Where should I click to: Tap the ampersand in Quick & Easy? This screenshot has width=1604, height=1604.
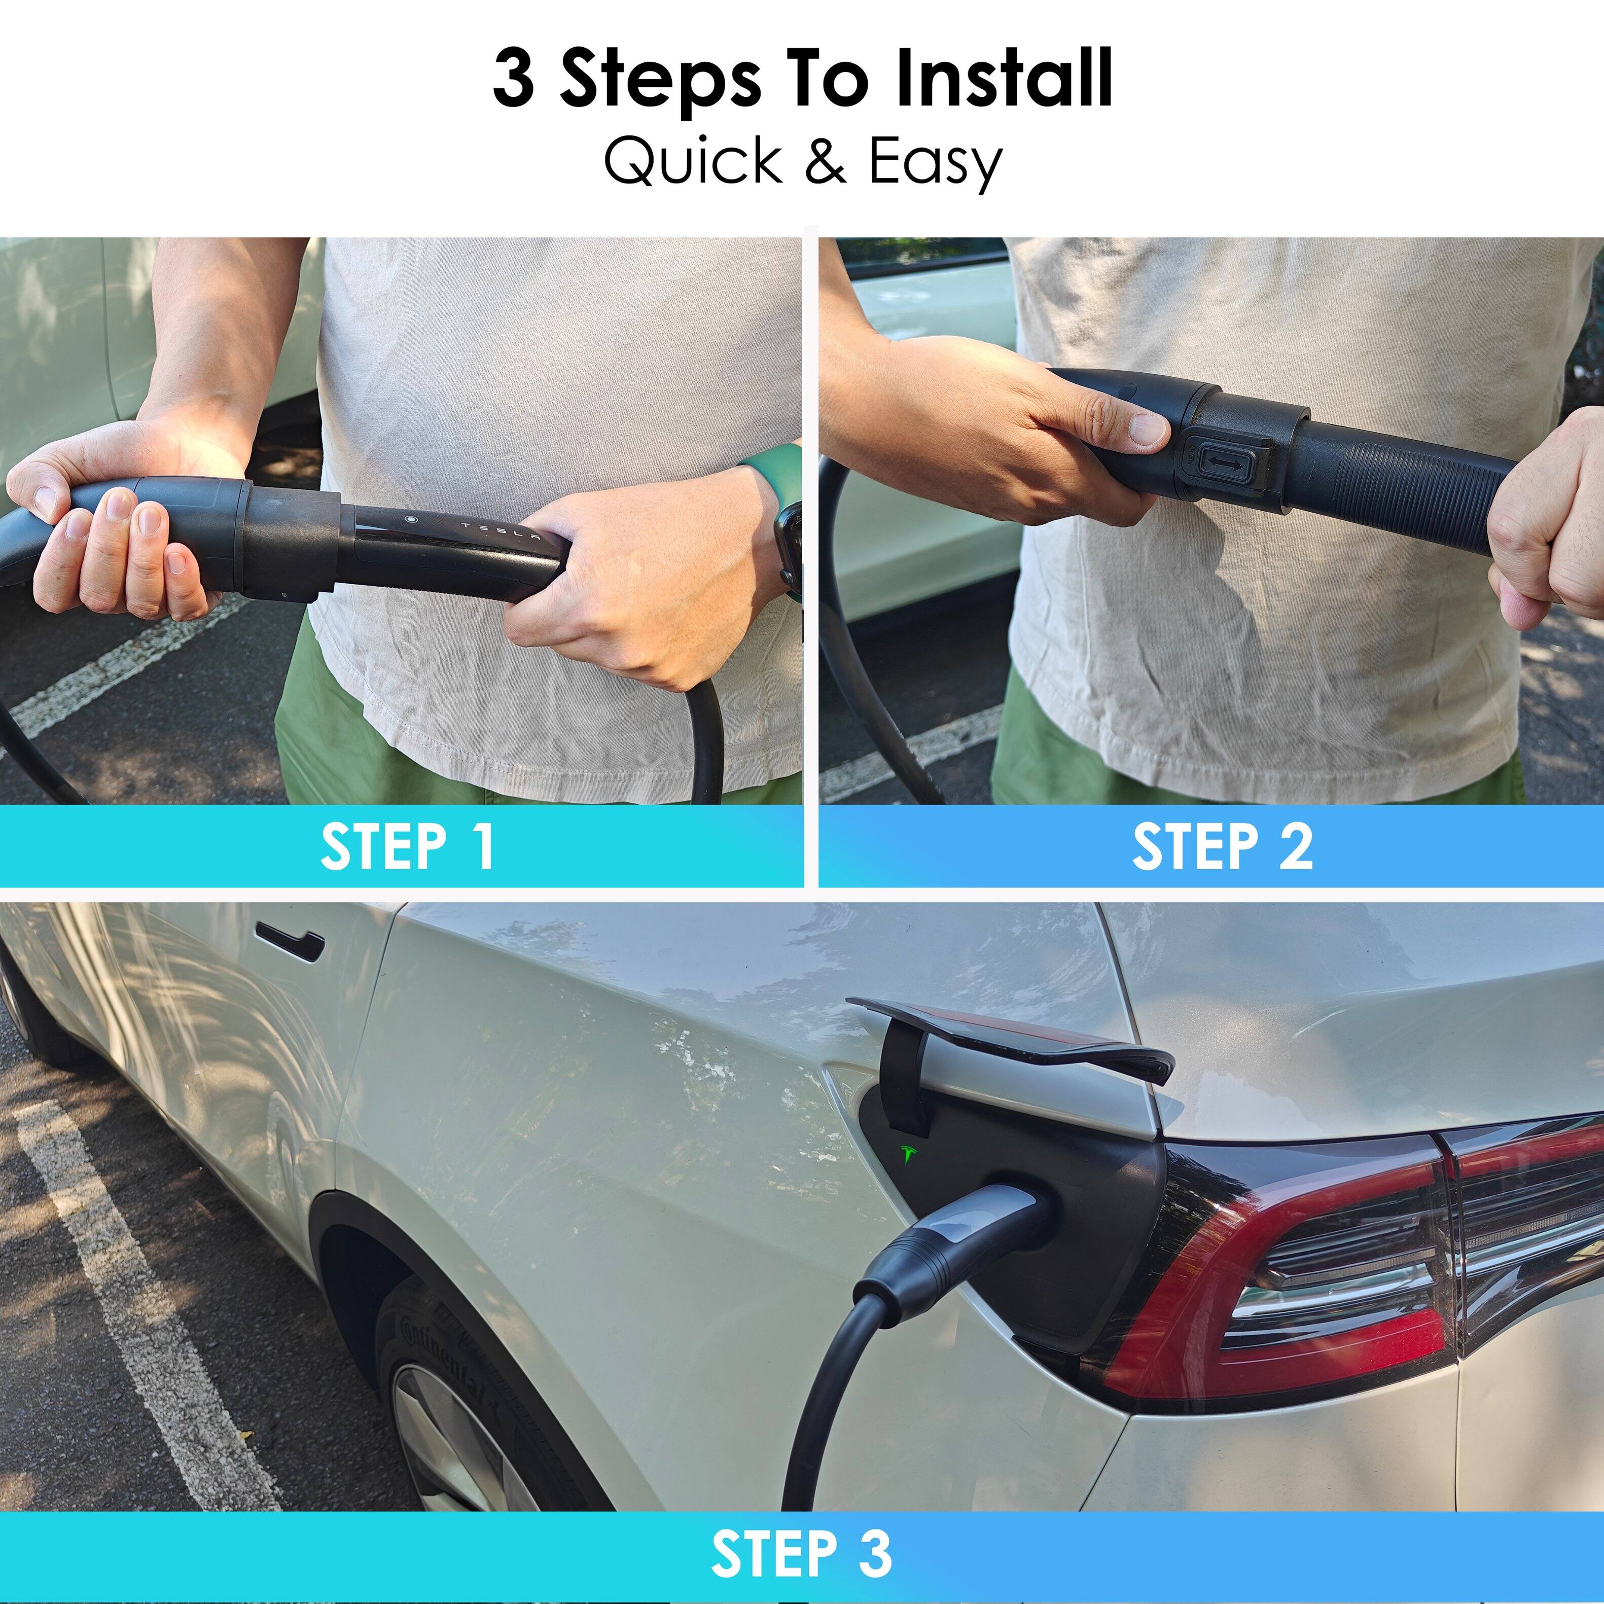tap(825, 161)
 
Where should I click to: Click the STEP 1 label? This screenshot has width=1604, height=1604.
tap(407, 847)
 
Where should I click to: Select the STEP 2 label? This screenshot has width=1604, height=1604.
tap(1222, 847)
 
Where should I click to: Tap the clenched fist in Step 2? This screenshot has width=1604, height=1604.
tap(1544, 540)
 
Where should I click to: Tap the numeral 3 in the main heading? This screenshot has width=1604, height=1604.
tap(513, 79)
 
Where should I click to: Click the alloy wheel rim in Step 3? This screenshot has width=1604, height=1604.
tap(465, 1428)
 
